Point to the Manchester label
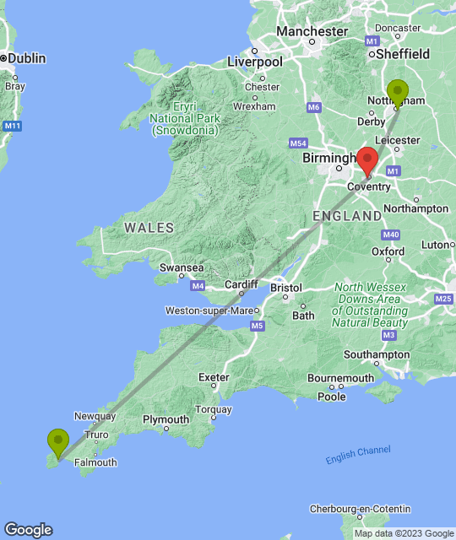click(312, 31)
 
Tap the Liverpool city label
click(255, 62)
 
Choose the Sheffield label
click(404, 54)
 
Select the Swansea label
click(182, 267)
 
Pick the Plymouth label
click(166, 419)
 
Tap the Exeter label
click(214, 377)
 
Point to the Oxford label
click(388, 251)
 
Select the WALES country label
click(149, 228)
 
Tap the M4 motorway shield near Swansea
click(198, 287)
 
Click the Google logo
click(28, 529)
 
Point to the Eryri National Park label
click(185, 119)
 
